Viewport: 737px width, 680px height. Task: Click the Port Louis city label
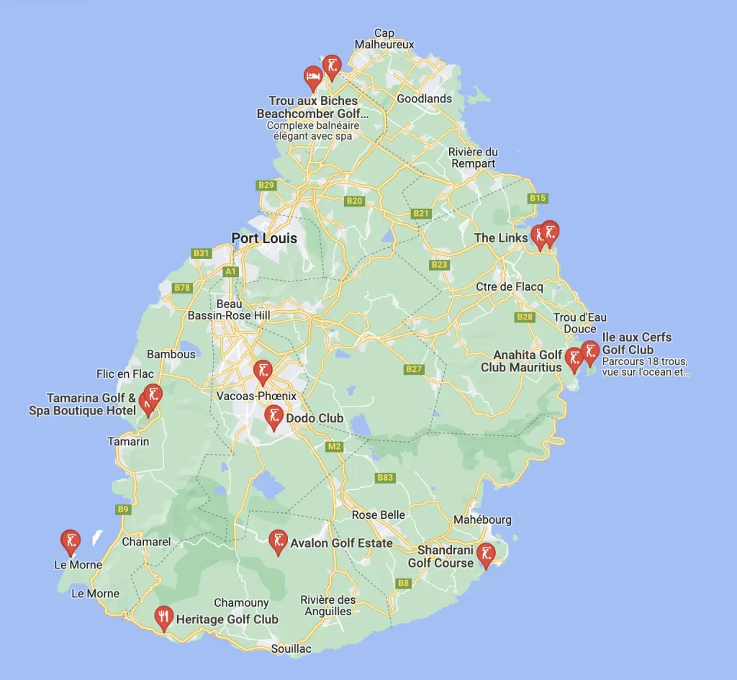pyautogui.click(x=264, y=238)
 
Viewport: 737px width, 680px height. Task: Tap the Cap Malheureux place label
pyautogui.click(x=384, y=39)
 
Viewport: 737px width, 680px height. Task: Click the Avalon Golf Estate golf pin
pyautogui.click(x=278, y=541)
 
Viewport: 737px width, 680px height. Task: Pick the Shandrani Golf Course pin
pyautogui.click(x=487, y=555)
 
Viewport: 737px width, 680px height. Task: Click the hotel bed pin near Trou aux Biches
pyautogui.click(x=313, y=77)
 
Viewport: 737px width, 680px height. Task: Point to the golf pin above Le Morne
pyautogui.click(x=71, y=542)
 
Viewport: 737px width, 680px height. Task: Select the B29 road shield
pyautogui.click(x=266, y=185)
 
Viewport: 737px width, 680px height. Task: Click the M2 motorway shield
pyautogui.click(x=334, y=447)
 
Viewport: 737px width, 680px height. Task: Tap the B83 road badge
pyautogui.click(x=386, y=478)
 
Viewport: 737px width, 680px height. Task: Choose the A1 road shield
pyautogui.click(x=230, y=271)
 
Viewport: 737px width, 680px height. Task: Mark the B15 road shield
pyautogui.click(x=538, y=198)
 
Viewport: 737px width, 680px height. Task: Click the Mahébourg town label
pyautogui.click(x=482, y=520)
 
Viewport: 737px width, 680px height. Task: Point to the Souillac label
pyautogui.click(x=291, y=649)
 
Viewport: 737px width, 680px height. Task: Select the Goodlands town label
pyautogui.click(x=425, y=99)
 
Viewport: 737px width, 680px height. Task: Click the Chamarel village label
pyautogui.click(x=146, y=542)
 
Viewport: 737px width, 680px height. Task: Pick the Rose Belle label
pyautogui.click(x=379, y=515)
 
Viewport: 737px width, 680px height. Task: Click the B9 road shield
pyautogui.click(x=124, y=509)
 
